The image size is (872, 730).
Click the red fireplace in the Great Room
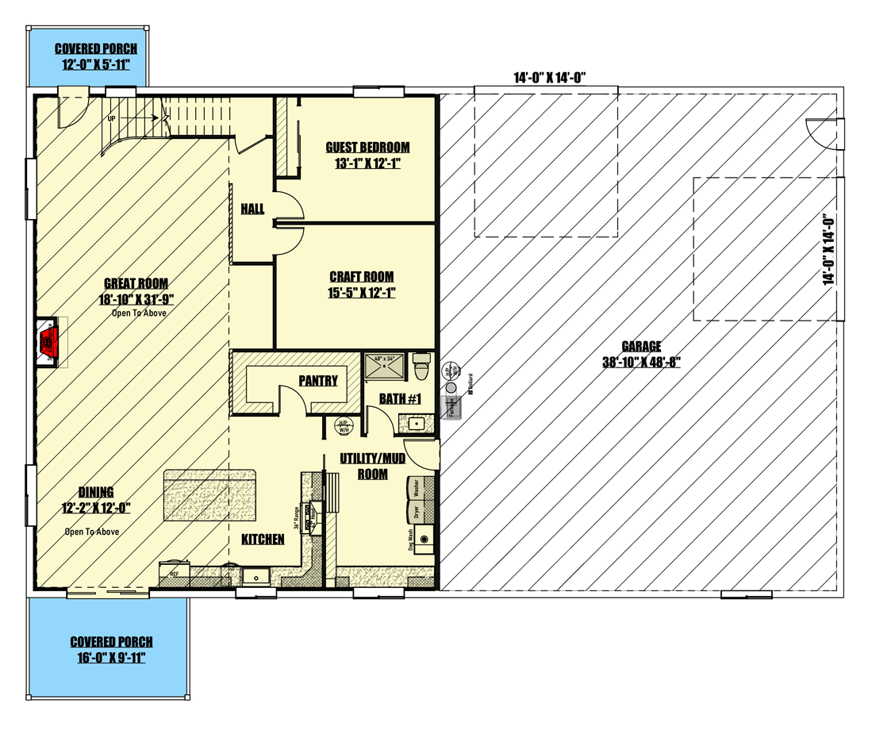pos(46,343)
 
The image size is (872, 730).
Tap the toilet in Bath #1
pos(422,368)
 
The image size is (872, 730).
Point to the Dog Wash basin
pos(422,540)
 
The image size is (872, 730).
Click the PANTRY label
pos(318,381)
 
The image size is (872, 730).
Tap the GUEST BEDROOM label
pos(367,148)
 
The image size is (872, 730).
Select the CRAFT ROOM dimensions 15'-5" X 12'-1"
pos(362,292)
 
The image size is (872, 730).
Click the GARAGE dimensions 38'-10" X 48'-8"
pos(642,363)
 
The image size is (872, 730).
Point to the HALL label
pos(252,209)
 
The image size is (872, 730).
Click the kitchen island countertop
pos(210,494)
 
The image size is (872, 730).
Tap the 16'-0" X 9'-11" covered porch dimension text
pos(111,657)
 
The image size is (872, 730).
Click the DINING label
pos(96,492)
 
